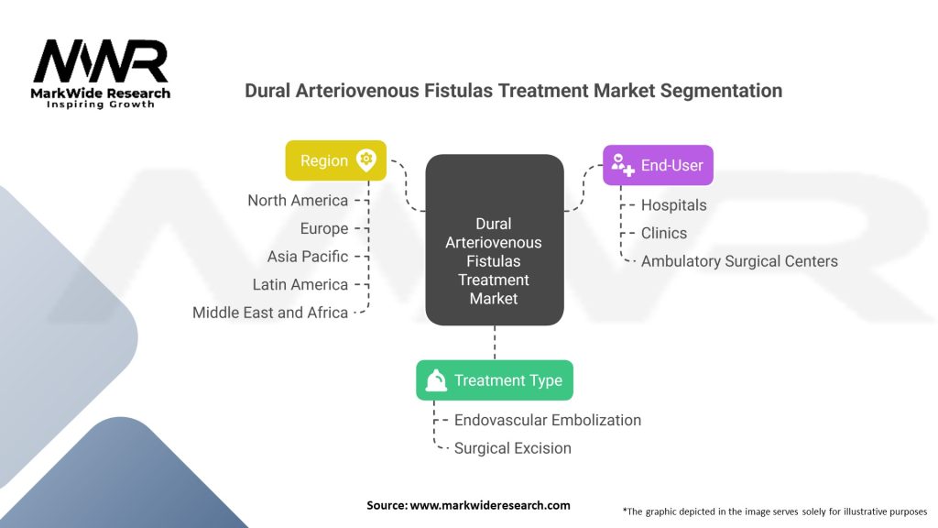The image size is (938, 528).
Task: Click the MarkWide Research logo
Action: click(x=101, y=72)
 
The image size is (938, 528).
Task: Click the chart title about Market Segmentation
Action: click(x=513, y=91)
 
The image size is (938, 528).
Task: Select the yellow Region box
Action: click(x=335, y=160)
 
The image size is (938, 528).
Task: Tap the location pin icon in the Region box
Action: click(x=366, y=159)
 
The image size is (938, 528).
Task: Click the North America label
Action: click(x=298, y=201)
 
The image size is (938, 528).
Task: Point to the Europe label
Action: click(x=324, y=228)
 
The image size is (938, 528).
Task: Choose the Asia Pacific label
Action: click(x=308, y=257)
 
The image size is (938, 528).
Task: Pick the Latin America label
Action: click(x=300, y=284)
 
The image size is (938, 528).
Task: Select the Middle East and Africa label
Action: click(x=270, y=313)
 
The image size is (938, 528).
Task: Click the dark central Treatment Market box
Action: click(x=494, y=240)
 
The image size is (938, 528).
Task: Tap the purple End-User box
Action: click(x=657, y=166)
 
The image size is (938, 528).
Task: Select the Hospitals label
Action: click(x=673, y=205)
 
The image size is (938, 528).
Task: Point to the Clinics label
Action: click(x=663, y=233)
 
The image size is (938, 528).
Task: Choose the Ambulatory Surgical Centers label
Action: click(x=739, y=261)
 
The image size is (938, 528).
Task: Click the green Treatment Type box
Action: click(x=494, y=380)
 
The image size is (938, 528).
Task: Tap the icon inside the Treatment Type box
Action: click(x=436, y=380)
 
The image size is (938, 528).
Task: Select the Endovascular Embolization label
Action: click(x=548, y=420)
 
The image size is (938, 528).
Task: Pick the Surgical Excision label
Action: click(x=513, y=448)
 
